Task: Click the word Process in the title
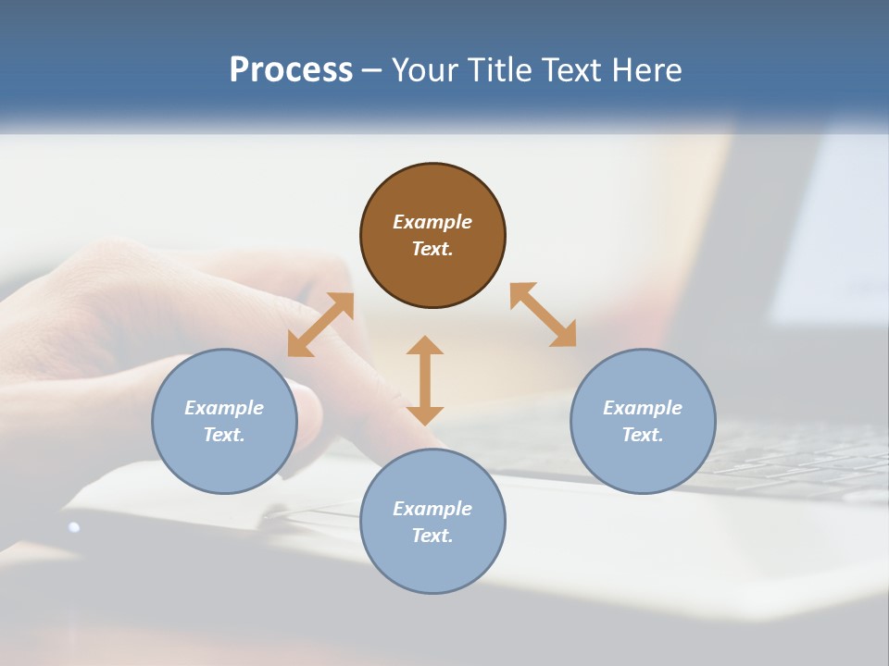tap(291, 70)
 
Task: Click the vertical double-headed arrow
tap(425, 380)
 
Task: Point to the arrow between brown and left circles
tap(320, 325)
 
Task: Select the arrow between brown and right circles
tap(544, 314)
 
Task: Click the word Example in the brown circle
tap(432, 222)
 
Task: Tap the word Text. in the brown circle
tap(432, 249)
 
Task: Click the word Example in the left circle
tap(224, 408)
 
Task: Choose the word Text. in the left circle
tap(224, 435)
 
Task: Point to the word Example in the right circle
tap(643, 408)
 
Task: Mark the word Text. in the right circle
tap(643, 435)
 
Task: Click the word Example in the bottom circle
tap(432, 509)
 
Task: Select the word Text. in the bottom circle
tap(432, 536)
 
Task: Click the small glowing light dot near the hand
tap(74, 527)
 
